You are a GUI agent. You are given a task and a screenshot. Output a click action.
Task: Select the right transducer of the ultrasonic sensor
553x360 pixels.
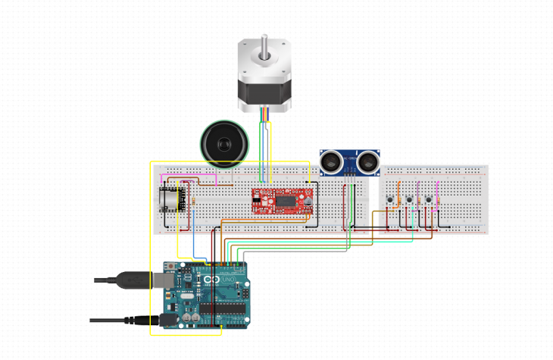pyautogui.click(x=368, y=161)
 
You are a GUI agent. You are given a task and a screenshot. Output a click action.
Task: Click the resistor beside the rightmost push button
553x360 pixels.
pyautogui.click(x=438, y=186)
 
